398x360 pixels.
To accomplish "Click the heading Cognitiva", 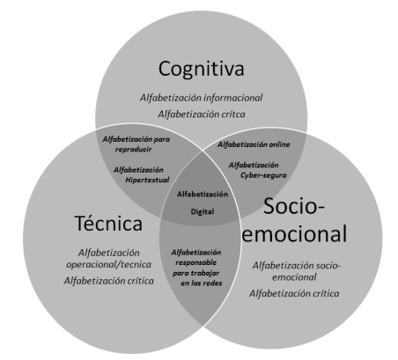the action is click(202, 70).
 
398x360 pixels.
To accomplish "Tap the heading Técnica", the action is click(108, 223).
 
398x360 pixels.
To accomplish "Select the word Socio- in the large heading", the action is click(294, 206).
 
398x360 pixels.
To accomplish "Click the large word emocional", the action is click(294, 234).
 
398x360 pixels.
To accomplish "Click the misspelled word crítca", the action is click(233, 114).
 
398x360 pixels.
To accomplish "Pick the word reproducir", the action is click(133, 150).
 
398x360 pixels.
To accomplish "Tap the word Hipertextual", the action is click(147, 180).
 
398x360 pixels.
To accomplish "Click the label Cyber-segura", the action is click(263, 175).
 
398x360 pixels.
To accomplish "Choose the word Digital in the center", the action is click(203, 211).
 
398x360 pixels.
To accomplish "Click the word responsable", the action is click(196, 262).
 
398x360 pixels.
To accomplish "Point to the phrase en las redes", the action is click(202, 283).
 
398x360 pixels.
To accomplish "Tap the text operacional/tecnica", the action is click(108, 264).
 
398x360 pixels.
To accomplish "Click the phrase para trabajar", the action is click(195, 273).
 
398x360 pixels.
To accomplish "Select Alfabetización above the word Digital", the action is click(203, 195).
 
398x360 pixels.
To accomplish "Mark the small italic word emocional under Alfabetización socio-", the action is click(294, 277).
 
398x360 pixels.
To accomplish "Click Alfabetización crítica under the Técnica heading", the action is click(109, 281).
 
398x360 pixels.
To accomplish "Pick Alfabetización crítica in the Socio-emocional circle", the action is click(294, 293).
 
